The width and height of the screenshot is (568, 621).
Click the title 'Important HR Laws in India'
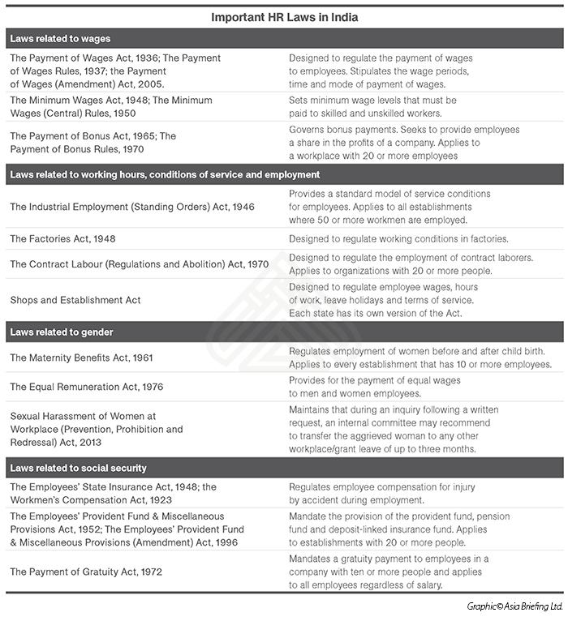(x=284, y=16)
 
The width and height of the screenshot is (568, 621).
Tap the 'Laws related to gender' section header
(x=62, y=332)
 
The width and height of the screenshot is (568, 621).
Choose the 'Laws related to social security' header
(x=78, y=469)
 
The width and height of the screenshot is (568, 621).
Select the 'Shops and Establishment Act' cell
(x=75, y=300)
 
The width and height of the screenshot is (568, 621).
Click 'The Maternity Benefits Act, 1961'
(x=81, y=358)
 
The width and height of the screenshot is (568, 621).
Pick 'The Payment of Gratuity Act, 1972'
(x=86, y=572)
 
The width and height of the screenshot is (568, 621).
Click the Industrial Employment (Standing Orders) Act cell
(x=132, y=207)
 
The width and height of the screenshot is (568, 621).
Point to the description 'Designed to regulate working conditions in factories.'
(x=398, y=239)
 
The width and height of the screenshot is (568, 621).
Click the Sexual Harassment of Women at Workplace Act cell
(x=97, y=429)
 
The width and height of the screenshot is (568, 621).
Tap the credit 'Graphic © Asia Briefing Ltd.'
(x=514, y=606)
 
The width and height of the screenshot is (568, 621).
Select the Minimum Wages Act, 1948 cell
(x=111, y=106)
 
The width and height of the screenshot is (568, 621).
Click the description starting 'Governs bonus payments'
(x=404, y=143)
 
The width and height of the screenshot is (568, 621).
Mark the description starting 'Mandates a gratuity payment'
(x=390, y=572)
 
